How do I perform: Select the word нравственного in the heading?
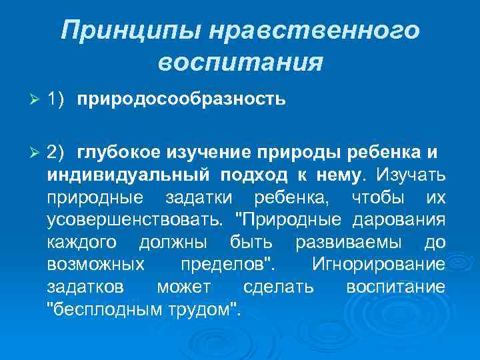pos(318,32)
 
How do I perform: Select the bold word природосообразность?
pos(181,100)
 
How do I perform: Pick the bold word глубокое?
pos(119,151)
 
